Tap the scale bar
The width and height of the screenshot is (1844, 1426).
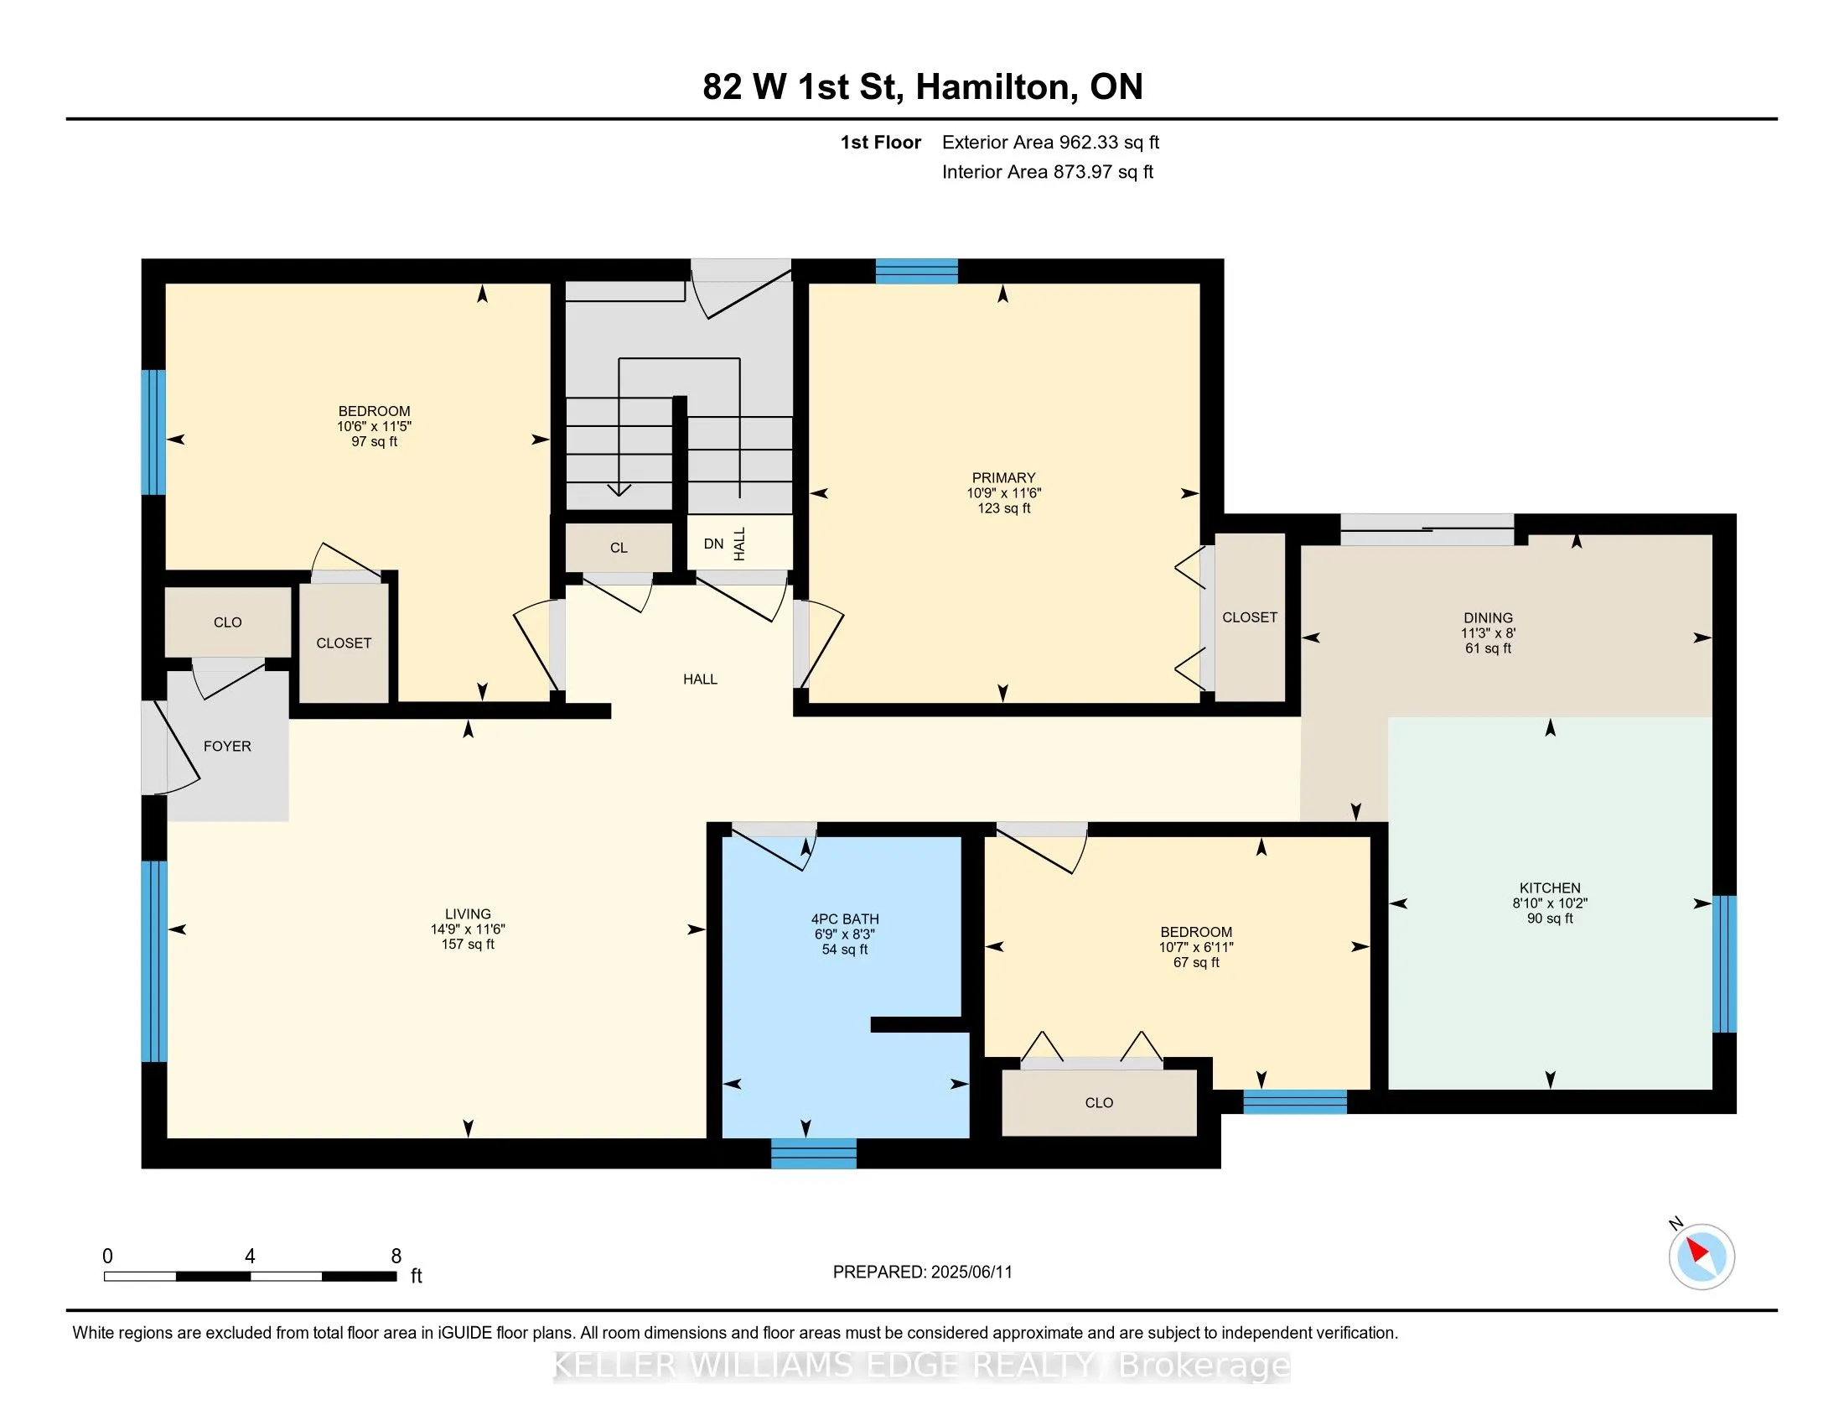(x=251, y=1277)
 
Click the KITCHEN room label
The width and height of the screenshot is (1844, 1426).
(x=1549, y=887)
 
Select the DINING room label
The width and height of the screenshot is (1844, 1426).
(x=1488, y=617)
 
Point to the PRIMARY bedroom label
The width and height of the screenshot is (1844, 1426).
(x=1003, y=477)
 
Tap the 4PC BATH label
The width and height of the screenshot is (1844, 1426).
(x=844, y=919)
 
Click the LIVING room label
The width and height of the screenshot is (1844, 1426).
(x=468, y=914)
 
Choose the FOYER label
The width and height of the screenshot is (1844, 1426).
(x=227, y=746)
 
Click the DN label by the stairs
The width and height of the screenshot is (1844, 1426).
(x=713, y=544)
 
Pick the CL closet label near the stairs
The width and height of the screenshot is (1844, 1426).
(x=619, y=548)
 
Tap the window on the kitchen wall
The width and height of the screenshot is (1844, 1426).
(x=1723, y=964)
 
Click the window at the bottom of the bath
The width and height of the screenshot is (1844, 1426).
(x=814, y=1153)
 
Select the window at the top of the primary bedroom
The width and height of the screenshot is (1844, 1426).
(x=916, y=271)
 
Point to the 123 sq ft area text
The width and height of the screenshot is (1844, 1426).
(x=1004, y=507)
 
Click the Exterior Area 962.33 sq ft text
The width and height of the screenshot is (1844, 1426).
(x=1050, y=142)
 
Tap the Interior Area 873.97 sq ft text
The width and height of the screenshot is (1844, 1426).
(x=1047, y=171)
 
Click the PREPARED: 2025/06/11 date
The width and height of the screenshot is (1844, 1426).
(x=922, y=1272)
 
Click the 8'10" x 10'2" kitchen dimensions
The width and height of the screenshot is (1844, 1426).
(x=1549, y=903)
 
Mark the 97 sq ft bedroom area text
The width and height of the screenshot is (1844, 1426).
(x=374, y=442)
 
